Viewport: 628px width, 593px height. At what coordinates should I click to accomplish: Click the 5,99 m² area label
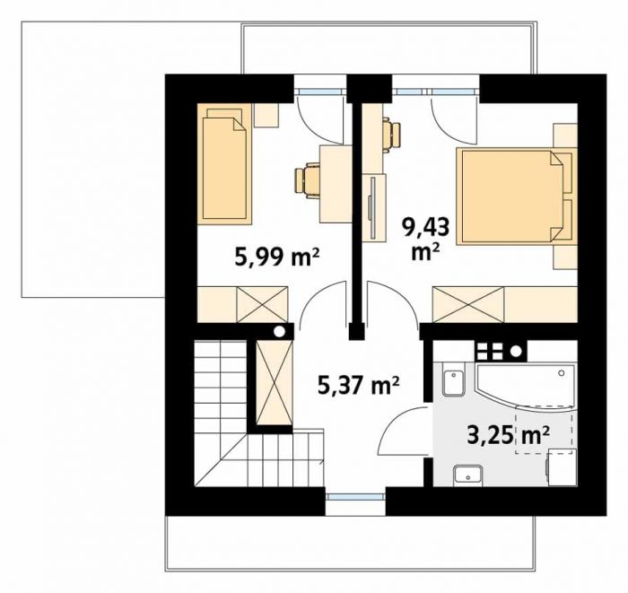(x=276, y=257)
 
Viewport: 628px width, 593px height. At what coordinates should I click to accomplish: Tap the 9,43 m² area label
(x=426, y=239)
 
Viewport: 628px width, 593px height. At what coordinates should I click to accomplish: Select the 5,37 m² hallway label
(x=359, y=386)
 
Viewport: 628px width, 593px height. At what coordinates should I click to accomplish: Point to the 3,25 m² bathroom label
(x=508, y=435)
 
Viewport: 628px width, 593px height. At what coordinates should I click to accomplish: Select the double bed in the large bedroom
(x=517, y=196)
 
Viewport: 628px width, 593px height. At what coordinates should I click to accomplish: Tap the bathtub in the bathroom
(x=525, y=388)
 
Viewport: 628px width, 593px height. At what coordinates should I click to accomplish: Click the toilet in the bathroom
(x=454, y=379)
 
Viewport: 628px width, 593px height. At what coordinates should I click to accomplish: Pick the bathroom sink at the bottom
(x=467, y=475)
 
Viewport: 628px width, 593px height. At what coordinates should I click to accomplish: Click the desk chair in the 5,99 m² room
(x=308, y=181)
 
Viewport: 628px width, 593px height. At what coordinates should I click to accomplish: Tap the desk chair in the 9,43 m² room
(x=391, y=135)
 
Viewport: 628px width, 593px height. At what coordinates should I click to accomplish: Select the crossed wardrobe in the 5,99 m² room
(x=262, y=304)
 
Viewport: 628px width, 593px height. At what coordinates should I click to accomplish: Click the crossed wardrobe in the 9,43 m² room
(x=468, y=304)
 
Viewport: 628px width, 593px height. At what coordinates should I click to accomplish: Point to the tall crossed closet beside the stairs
(x=275, y=382)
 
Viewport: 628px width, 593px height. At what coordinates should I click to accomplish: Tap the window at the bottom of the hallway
(x=355, y=497)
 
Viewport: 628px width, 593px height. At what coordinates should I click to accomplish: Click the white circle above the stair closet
(x=279, y=332)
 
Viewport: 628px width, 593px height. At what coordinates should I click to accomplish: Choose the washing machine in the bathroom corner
(x=562, y=467)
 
